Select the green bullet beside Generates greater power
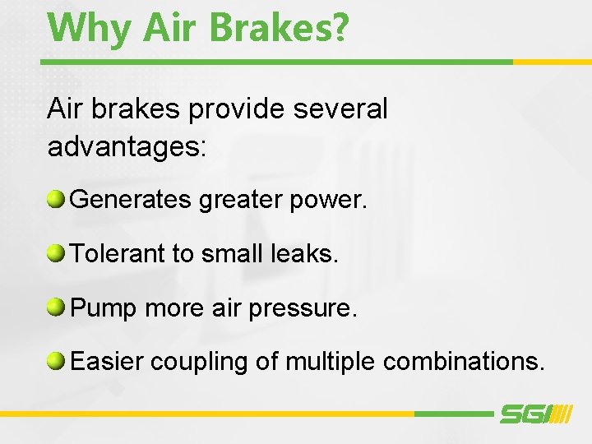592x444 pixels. tap(57, 198)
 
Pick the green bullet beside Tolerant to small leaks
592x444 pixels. tap(57, 253)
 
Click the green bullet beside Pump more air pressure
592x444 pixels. tap(57, 308)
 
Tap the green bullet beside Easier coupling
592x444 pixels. tap(57, 361)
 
